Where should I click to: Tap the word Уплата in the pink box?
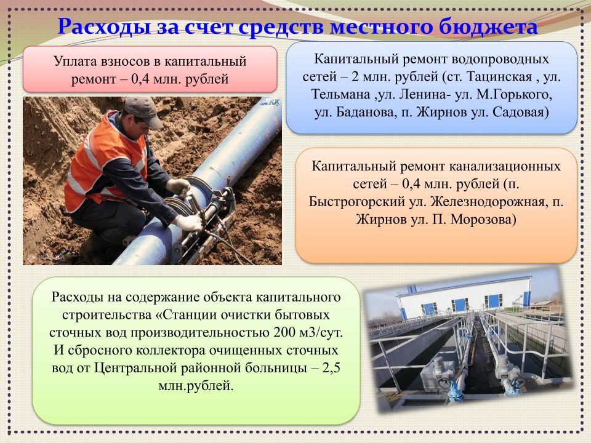[x=75, y=61]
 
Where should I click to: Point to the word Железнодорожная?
[x=488, y=202]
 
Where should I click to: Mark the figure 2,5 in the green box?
[x=331, y=368]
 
